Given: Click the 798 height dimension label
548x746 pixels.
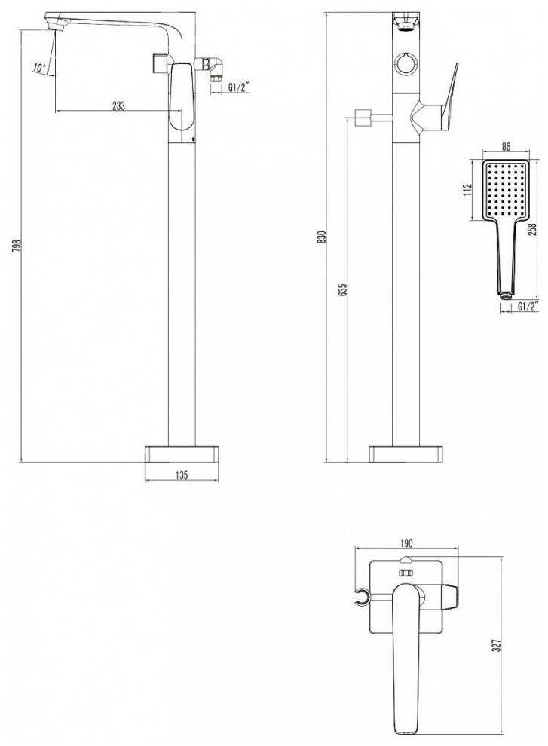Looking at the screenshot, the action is [17, 246].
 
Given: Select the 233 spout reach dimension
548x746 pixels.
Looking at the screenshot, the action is [118, 105].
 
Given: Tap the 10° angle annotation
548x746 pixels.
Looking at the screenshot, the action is [39, 68].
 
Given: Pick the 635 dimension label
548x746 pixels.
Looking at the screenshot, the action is [343, 290].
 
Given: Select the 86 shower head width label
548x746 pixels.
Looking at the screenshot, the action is [506, 146].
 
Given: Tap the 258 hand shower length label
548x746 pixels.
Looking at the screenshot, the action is [532, 229].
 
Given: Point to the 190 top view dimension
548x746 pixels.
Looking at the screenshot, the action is [406, 543].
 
